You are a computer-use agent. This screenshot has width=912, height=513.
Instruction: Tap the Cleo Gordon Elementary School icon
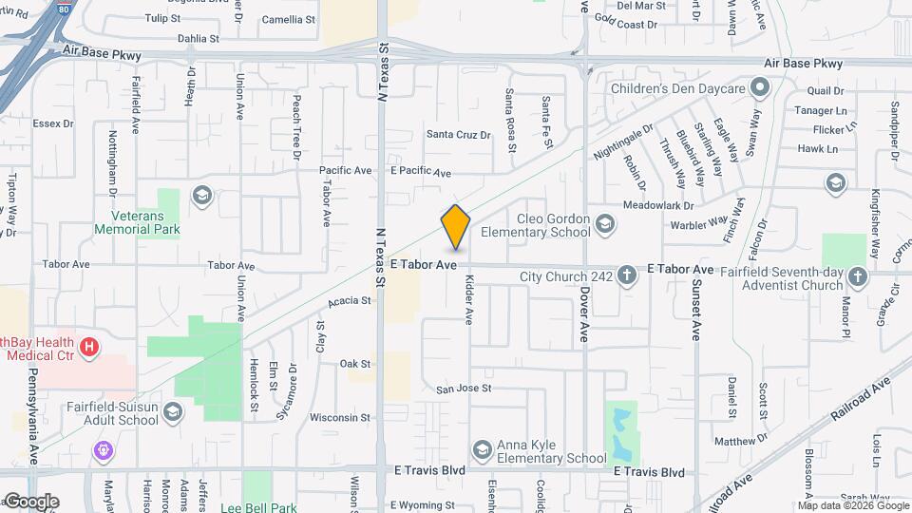click(x=606, y=225)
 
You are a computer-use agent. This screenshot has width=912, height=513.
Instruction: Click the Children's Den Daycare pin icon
click(x=759, y=88)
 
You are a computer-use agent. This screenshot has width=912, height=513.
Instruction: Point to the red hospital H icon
click(x=89, y=348)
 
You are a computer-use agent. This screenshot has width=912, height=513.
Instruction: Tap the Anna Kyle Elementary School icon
click(x=482, y=448)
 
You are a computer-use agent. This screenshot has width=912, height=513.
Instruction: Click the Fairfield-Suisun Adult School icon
click(x=173, y=411)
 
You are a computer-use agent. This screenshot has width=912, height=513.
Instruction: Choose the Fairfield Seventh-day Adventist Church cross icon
click(x=857, y=276)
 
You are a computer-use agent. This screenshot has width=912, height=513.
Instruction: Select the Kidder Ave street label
click(x=468, y=300)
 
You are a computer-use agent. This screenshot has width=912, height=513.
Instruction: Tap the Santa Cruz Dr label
click(x=458, y=135)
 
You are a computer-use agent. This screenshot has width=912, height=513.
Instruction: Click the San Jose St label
click(x=463, y=389)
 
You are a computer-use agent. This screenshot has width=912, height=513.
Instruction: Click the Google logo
click(x=30, y=502)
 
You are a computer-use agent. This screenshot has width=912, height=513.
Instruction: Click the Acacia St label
click(x=349, y=301)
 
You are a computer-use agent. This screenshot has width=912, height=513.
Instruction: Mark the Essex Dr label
click(x=52, y=123)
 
